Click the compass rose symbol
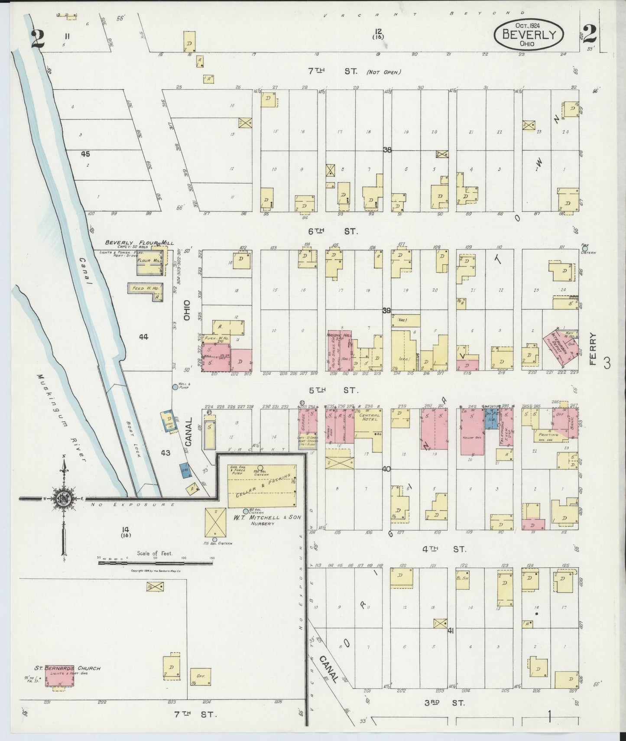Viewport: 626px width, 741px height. (63, 499)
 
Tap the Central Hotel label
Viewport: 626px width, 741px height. (369, 418)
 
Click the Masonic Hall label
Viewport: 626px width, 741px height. (339, 336)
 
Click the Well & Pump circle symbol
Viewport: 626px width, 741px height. (175, 387)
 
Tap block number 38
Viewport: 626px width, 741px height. (387, 150)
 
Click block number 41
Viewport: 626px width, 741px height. (451, 631)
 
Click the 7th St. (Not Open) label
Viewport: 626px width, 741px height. (354, 72)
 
